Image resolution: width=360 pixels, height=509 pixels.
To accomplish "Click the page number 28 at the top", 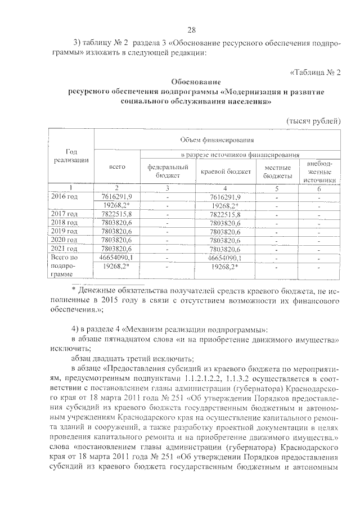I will point(191,30).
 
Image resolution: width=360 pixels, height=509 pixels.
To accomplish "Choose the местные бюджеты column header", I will point(277,171).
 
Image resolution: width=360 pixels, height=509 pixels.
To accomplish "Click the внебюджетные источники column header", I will point(318,172).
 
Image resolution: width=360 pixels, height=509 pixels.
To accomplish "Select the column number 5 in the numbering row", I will point(277,188).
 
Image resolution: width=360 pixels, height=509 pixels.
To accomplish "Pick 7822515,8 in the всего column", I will point(117,214).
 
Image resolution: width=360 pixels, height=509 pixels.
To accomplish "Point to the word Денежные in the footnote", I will point(103,290).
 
